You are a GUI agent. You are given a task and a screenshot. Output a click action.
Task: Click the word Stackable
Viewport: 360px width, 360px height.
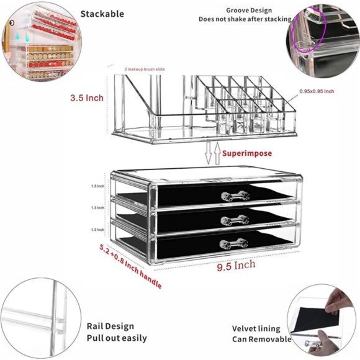coord(102,13)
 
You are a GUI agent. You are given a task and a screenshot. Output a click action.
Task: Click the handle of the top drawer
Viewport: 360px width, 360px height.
coord(235,196)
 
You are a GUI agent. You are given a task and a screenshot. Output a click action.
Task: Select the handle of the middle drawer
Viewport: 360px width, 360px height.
coord(235,220)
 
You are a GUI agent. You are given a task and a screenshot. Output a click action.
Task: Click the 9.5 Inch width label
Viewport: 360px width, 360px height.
coord(236,264)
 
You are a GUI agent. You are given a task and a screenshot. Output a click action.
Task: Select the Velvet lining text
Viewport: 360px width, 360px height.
coord(256,328)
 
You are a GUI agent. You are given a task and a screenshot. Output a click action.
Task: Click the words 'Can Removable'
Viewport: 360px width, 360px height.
coord(261,339)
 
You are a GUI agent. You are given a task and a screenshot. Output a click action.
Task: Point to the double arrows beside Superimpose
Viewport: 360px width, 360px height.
coord(212,153)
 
